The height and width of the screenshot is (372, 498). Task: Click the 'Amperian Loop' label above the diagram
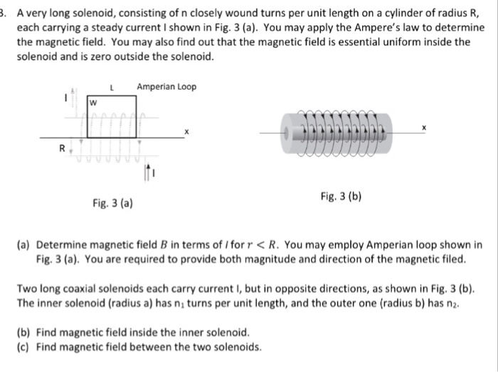click(167, 87)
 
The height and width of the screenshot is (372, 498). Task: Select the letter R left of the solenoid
click(63, 150)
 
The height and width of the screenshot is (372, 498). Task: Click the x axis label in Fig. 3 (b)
click(424, 126)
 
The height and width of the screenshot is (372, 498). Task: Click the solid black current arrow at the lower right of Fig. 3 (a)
click(146, 171)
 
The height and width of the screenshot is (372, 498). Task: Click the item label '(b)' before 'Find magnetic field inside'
click(24, 332)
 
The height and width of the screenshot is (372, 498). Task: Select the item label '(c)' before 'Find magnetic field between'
click(24, 347)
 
